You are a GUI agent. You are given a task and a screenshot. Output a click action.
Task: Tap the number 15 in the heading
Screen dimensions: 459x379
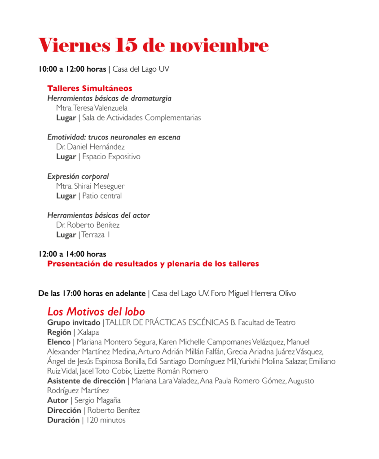coord(128,45)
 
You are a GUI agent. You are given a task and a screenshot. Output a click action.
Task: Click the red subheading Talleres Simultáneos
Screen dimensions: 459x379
coord(89,89)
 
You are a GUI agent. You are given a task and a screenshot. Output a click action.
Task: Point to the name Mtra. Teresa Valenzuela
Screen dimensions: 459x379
coord(92,108)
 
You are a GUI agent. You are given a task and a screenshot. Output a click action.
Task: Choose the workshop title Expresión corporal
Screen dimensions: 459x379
coord(78,177)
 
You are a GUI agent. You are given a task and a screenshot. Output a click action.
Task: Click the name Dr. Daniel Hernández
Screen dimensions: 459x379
coord(90,147)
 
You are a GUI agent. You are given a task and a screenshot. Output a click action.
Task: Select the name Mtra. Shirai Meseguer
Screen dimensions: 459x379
coord(90,186)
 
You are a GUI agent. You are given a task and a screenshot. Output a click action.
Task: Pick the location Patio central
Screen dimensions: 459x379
coord(102,196)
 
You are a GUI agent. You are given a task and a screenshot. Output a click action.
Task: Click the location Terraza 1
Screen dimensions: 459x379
coord(96,234)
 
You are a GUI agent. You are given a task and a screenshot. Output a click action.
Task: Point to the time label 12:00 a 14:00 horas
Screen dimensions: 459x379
coord(72,254)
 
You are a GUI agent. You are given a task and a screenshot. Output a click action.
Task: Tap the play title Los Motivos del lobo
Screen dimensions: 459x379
coord(96,312)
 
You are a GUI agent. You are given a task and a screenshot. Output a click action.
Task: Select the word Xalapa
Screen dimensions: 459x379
coord(88,333)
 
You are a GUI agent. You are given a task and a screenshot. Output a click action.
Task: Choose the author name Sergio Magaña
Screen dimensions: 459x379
coord(97,400)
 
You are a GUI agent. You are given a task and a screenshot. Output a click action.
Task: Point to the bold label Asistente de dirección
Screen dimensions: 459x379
coord(86,381)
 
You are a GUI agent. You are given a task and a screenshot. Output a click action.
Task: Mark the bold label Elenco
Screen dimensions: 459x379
coord(59,342)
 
